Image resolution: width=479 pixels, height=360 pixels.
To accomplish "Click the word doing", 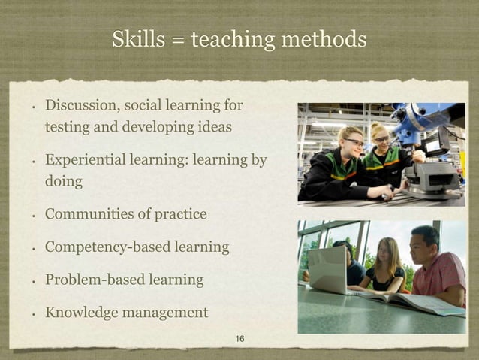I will [x=64, y=181].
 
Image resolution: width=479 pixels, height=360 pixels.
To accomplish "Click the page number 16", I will [x=239, y=340].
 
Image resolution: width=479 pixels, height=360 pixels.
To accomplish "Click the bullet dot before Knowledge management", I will [x=33, y=313].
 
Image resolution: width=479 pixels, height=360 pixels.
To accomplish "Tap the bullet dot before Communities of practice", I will [x=33, y=216].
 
